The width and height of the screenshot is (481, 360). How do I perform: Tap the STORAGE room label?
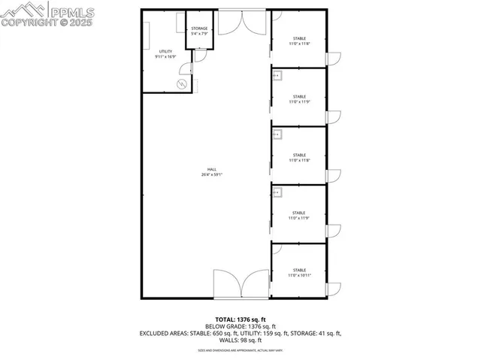click(199, 29)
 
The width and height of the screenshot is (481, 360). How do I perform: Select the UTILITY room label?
click(165, 51)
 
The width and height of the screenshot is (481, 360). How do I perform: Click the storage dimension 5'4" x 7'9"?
click(199, 34)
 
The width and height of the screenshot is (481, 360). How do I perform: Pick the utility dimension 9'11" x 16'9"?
click(165, 56)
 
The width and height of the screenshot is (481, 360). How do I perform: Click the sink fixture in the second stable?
click(277, 76)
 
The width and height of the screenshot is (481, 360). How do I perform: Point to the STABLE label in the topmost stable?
click(299, 38)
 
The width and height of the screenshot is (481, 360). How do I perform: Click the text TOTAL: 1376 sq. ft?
click(240, 319)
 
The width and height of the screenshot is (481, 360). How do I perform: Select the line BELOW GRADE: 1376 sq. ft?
click(240, 326)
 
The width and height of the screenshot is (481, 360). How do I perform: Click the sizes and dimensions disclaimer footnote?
click(240, 350)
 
